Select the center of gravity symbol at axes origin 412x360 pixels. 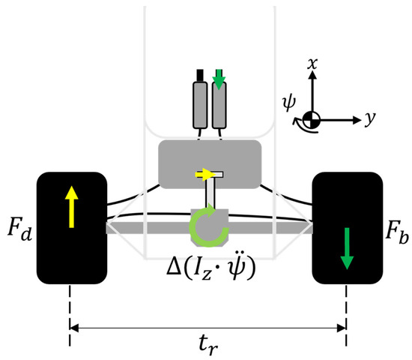pyautogui.click(x=310, y=118)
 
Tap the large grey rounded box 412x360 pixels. pyautogui.click(x=209, y=162)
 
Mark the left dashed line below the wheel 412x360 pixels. pyautogui.click(x=70, y=315)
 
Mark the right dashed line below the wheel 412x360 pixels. pyautogui.click(x=346, y=315)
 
